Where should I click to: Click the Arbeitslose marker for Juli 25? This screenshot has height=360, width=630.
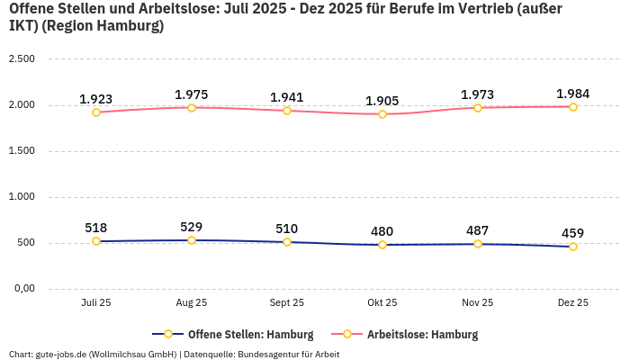click(x=96, y=112)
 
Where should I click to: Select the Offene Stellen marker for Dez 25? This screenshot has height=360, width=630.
click(x=572, y=247)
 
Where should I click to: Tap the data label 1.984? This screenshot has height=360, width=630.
click(x=572, y=94)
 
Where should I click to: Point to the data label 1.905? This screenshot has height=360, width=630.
click(x=382, y=101)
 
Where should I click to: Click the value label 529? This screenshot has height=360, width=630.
click(x=192, y=227)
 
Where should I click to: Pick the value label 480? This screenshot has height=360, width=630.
click(x=382, y=231)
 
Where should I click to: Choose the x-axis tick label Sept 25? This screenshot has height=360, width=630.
click(x=287, y=303)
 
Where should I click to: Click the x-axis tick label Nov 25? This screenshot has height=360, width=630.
click(x=477, y=303)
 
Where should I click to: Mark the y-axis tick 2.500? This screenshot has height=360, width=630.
click(x=22, y=59)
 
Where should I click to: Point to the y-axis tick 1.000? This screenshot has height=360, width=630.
click(x=22, y=197)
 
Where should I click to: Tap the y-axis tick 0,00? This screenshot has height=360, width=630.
click(x=23, y=289)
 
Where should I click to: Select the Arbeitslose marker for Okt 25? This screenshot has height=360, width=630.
click(x=382, y=114)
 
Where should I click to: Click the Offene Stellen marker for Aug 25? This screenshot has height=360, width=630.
click(x=192, y=240)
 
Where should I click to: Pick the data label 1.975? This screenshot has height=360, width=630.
click(x=192, y=94)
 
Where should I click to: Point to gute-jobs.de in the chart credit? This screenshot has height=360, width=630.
click(x=63, y=354)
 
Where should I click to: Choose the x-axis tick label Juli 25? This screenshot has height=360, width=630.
click(x=96, y=303)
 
